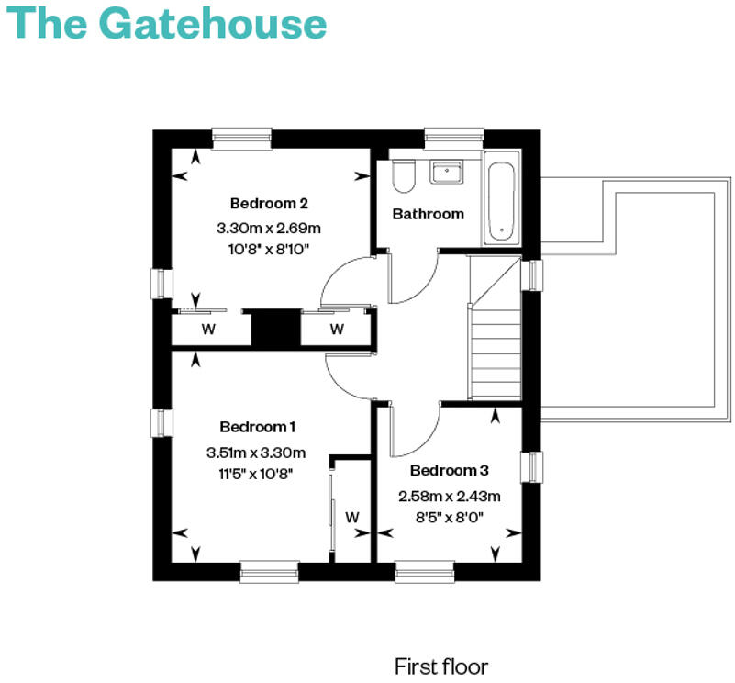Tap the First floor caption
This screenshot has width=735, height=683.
441,666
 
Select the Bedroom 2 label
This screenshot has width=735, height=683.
269,203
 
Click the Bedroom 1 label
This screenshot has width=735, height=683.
258,427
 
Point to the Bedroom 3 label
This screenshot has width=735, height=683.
449,471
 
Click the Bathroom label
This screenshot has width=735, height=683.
429,214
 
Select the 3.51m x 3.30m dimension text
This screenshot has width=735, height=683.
256,452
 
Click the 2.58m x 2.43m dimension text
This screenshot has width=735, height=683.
449,496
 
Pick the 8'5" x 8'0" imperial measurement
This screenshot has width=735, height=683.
449,517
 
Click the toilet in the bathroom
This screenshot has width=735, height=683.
403,175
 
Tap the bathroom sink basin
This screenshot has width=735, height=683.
447,172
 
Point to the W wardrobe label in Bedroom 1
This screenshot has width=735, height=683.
352,518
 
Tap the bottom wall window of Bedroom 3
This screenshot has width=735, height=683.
424,572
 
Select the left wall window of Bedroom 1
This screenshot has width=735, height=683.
162,422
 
